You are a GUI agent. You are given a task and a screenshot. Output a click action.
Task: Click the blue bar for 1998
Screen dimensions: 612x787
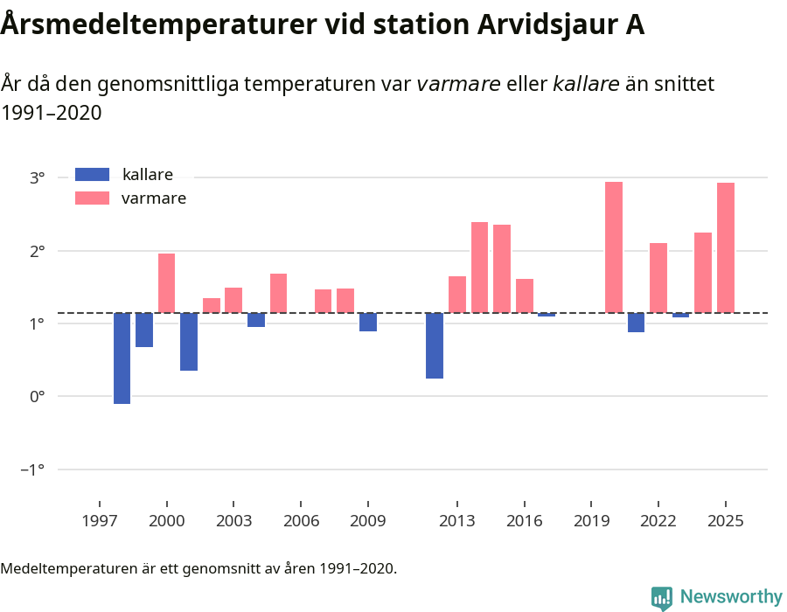pyautogui.click(x=122, y=358)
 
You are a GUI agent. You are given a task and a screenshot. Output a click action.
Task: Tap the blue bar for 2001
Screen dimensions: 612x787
pyautogui.click(x=189, y=342)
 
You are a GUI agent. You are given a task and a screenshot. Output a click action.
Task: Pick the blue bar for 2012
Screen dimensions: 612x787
pyautogui.click(x=435, y=345)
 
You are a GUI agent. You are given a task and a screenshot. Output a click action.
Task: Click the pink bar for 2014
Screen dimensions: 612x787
pyautogui.click(x=479, y=268)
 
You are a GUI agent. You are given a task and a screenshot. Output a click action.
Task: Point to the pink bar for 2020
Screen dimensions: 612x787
pyautogui.click(x=614, y=247)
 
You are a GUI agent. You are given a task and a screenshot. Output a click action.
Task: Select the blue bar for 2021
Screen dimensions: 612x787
pyautogui.click(x=636, y=323)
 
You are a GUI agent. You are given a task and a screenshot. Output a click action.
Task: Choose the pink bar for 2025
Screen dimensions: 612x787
pyautogui.click(x=726, y=247)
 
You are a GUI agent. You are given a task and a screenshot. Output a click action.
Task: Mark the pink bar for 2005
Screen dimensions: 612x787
pyautogui.click(x=278, y=293)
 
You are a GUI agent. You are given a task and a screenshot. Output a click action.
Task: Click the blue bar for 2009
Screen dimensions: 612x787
pyautogui.click(x=368, y=322)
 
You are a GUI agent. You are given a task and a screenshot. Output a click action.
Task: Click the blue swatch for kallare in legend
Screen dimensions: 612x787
pyautogui.click(x=92, y=174)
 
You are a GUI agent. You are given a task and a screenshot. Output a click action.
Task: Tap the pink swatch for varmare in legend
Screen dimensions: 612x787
pyautogui.click(x=92, y=198)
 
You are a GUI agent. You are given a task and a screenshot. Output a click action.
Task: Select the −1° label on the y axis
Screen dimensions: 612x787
pyautogui.click(x=33, y=470)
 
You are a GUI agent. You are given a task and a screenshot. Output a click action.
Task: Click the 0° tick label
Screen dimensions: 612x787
pyautogui.click(x=37, y=397)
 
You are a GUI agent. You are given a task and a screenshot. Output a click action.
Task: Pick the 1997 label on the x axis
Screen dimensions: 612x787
pyautogui.click(x=100, y=521)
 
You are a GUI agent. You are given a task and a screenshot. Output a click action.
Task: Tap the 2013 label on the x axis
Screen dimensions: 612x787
pyautogui.click(x=456, y=521)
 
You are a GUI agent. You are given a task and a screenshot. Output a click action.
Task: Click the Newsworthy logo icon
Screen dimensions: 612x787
pyautogui.click(x=662, y=597)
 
